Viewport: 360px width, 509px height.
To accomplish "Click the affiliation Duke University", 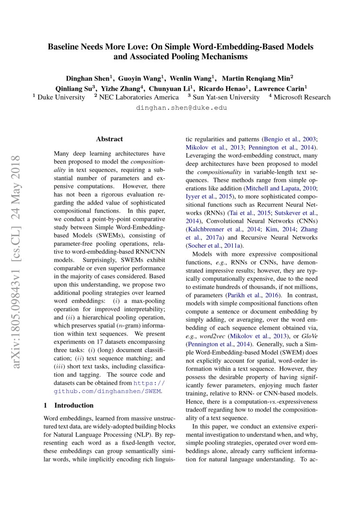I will click(x=61, y=98).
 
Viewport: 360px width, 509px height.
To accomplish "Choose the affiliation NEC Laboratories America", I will click(x=138, y=98).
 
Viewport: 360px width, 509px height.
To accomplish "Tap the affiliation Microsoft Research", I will click(x=302, y=98).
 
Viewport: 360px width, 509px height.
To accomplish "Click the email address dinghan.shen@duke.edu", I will click(x=182, y=108).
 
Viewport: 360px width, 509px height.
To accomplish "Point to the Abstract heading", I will click(x=109, y=139).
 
